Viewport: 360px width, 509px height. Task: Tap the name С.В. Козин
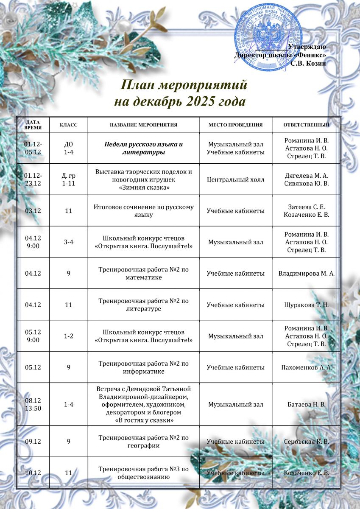tap(308, 63)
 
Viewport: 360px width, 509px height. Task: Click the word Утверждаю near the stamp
tap(307, 47)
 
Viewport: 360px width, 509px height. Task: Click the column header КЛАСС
tap(68, 125)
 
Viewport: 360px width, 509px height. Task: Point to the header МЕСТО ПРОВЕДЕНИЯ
tap(235, 125)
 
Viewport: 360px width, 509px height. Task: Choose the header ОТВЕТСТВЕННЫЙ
tap(306, 125)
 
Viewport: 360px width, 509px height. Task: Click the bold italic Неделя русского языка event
tap(143, 148)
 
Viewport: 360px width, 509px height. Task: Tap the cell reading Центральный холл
tap(235, 179)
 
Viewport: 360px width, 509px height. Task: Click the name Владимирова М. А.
tap(306, 273)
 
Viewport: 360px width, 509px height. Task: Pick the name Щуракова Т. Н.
tap(306, 305)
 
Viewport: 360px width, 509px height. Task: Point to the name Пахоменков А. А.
tap(306, 367)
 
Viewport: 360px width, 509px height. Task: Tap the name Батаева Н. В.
tap(306, 405)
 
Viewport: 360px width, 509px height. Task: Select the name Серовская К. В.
tap(306, 442)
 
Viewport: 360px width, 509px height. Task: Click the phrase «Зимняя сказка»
tap(143, 187)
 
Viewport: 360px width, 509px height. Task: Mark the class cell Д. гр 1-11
tap(68, 179)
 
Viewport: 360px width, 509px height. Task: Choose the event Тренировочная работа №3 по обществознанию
tap(143, 473)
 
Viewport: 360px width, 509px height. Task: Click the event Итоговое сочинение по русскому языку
tap(143, 211)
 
